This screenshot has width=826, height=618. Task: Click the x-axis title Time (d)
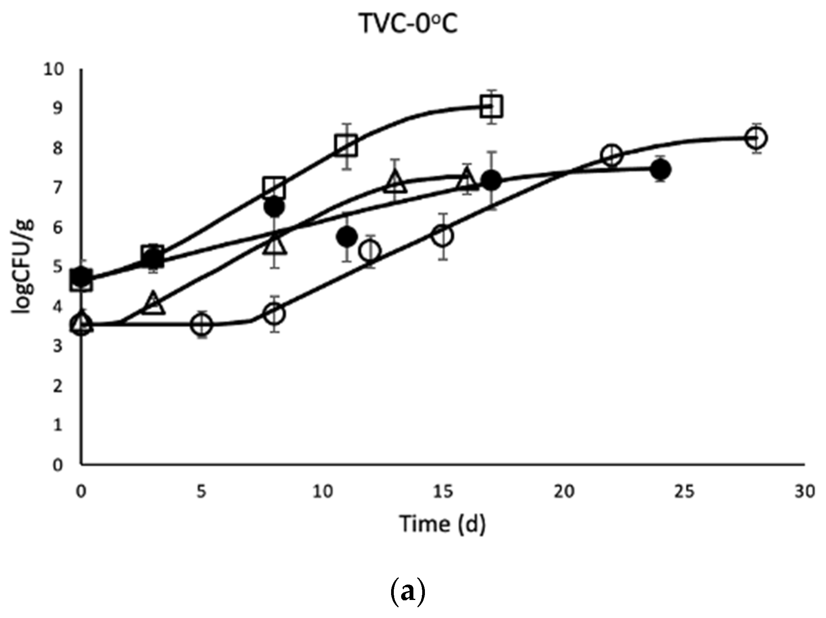tap(443, 524)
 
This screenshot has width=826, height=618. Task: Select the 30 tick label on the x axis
tap(804, 492)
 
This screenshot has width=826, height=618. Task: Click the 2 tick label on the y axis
tap(58, 386)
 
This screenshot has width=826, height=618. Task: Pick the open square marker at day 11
tap(346, 146)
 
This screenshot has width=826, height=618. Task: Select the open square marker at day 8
tap(274, 187)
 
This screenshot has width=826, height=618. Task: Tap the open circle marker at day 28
tap(756, 138)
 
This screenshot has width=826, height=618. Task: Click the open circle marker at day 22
tap(611, 156)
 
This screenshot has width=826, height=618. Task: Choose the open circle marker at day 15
tap(443, 236)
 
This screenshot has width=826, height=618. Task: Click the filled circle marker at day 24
tap(660, 169)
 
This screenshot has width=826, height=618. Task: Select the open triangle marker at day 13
tap(395, 182)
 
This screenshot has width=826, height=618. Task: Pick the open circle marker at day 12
tap(370, 251)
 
